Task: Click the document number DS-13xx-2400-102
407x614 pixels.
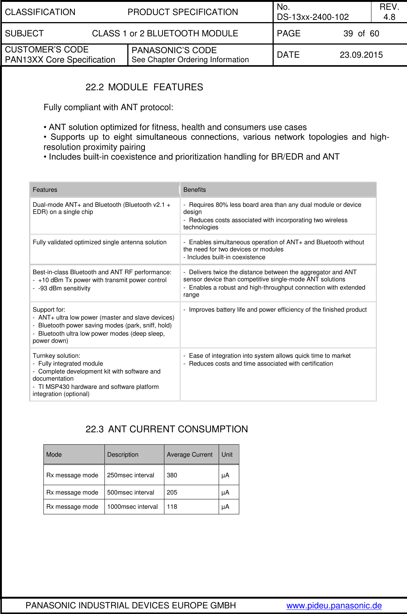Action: pos(313,17)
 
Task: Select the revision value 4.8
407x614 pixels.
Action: pos(389,17)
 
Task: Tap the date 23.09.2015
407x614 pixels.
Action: pos(361,55)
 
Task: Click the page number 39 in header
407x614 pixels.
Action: pos(348,33)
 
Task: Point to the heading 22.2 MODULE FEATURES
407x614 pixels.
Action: pos(144,87)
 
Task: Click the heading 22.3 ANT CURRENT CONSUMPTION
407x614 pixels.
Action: pos(167,429)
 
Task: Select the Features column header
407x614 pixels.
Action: pos(45,190)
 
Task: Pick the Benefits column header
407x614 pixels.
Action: pos(194,190)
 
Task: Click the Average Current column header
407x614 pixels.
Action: pos(189,454)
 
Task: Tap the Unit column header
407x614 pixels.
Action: pos(227,454)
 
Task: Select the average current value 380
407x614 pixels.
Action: pos(172,475)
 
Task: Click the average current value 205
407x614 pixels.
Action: pos(172,492)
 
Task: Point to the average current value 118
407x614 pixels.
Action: pos(172,506)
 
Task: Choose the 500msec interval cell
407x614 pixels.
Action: pos(130,492)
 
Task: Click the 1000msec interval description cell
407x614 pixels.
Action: pos(132,506)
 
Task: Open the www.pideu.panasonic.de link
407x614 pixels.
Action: pos(334,605)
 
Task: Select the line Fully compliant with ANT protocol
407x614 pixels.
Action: pos(108,108)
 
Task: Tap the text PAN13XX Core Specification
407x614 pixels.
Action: pos(60,60)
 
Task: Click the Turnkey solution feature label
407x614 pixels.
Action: pos(56,356)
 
